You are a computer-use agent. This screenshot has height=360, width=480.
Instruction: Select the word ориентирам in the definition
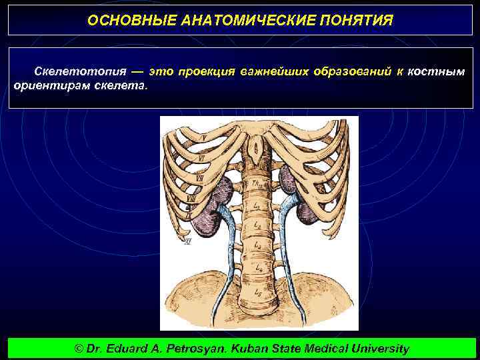(x=46, y=86)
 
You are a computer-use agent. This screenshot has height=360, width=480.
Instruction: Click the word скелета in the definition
(x=125, y=86)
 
